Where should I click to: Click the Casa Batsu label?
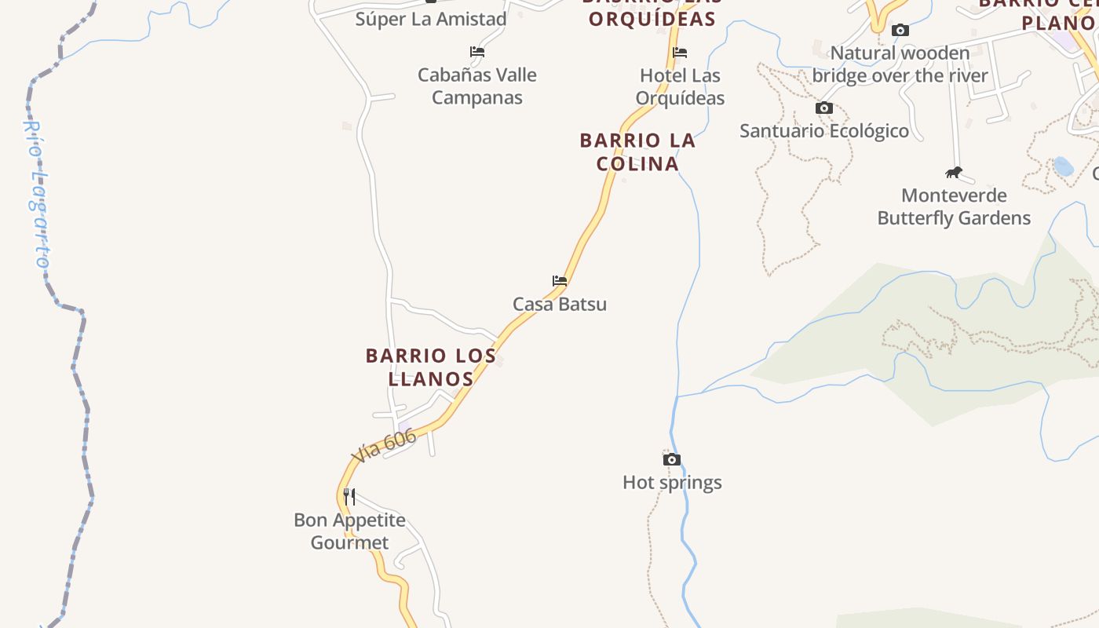pos(560,304)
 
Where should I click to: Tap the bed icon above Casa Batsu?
pos(560,280)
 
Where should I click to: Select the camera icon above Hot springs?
pos(672,459)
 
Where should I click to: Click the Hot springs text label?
pos(672,482)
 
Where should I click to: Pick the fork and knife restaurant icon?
pos(349,496)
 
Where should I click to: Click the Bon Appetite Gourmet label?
pos(349,531)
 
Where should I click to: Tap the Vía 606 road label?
pos(384,446)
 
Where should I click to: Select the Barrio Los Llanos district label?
pos(431,367)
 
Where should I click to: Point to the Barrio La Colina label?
pos(637,152)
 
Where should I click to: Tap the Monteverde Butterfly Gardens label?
pos(954,206)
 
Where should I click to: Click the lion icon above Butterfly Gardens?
pos(954,173)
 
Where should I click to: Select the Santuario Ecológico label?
pos(824,130)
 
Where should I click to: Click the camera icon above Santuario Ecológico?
pos(824,108)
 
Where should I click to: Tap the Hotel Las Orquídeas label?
pos(680,86)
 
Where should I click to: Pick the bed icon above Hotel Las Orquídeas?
pos(680,53)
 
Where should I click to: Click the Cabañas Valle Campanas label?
pos(477,86)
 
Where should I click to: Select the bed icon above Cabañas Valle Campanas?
pos(477,52)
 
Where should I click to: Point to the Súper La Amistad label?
pos(431,19)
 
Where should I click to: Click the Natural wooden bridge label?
pos(900,64)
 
